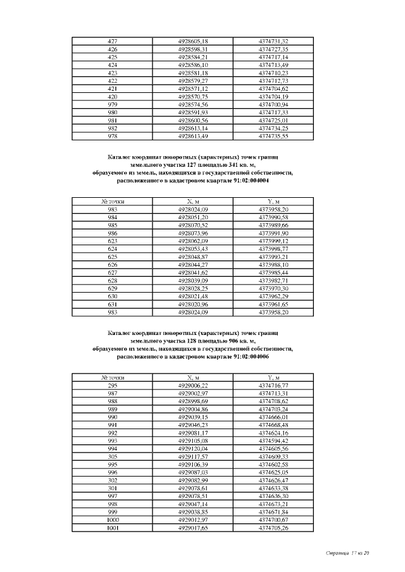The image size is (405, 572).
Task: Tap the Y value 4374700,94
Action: pos(273,104)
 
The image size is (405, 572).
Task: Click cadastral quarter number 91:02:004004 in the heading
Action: pos(242,180)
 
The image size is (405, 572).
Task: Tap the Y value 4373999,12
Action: pos(273,241)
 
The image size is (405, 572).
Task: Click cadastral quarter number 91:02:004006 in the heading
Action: pos(242,356)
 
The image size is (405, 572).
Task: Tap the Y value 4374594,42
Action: pos(273,441)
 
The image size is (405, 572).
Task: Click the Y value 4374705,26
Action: pos(273,528)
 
